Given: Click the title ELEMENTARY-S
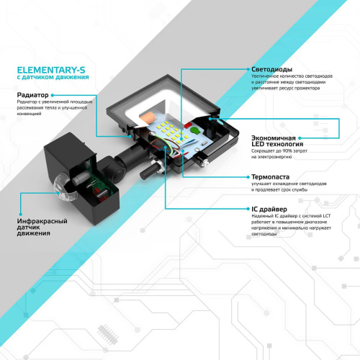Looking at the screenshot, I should (x=50, y=68).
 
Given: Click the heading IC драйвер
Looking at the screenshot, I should (x=268, y=208).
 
